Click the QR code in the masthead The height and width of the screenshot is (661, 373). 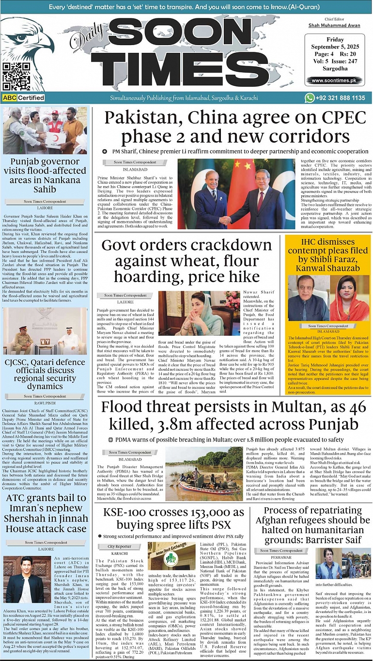(x=13, y=76)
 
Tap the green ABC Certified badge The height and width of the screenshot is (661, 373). (x=24, y=98)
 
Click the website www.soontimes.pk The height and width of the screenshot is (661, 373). (x=334, y=80)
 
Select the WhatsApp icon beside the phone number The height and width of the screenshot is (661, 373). (x=310, y=98)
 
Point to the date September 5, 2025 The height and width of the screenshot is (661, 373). (x=334, y=47)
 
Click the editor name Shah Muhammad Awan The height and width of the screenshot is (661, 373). (x=334, y=25)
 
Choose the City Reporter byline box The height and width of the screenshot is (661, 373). (x=119, y=547)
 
